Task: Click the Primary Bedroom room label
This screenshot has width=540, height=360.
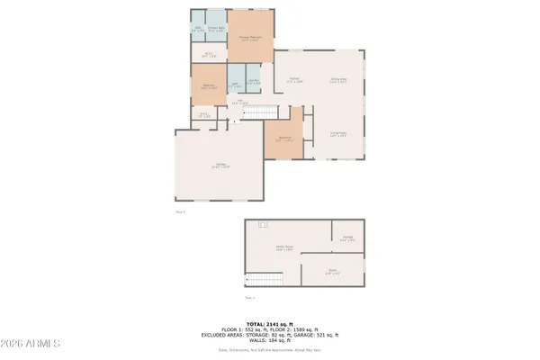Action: click(250, 39)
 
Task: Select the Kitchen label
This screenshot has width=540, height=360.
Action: click(294, 80)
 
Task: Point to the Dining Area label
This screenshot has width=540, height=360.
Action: click(339, 80)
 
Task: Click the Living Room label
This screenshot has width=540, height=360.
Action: click(339, 133)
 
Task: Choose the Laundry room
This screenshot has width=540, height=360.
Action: click(254, 83)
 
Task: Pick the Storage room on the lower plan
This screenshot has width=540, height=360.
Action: click(347, 238)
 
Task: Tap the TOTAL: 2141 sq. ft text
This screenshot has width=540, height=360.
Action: click(270, 322)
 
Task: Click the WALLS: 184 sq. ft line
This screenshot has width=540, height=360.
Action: click(270, 340)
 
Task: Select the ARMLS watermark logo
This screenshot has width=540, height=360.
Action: click(32, 345)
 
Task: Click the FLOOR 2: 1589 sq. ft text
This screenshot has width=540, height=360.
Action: click(297, 328)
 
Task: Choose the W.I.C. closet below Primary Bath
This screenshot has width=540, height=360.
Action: click(207, 53)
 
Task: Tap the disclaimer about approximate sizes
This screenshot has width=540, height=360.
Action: click(270, 349)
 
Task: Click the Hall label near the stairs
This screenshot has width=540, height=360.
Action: click(239, 102)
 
